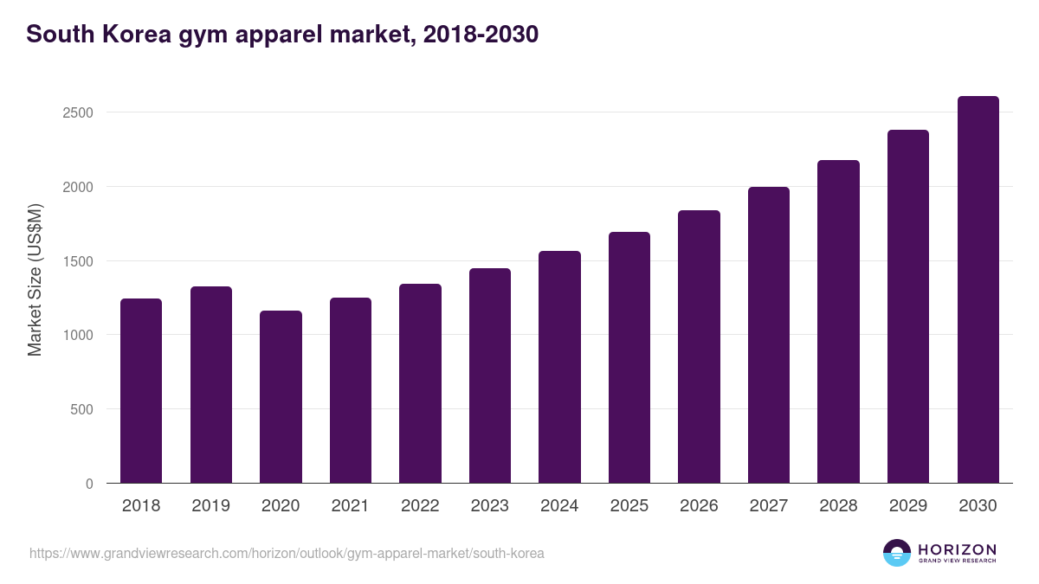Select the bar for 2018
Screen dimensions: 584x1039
click(141, 391)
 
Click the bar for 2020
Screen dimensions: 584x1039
click(281, 397)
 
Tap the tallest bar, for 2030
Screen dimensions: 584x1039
click(978, 290)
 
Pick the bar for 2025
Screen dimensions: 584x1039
click(629, 357)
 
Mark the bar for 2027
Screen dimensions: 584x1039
click(769, 335)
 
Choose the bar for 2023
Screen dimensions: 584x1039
click(490, 375)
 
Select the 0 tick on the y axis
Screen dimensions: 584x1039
click(89, 484)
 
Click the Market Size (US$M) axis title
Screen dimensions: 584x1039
click(35, 280)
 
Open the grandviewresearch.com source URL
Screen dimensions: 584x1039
click(287, 553)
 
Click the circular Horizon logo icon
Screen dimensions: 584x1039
click(897, 553)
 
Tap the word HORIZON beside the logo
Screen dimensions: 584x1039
click(958, 549)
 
